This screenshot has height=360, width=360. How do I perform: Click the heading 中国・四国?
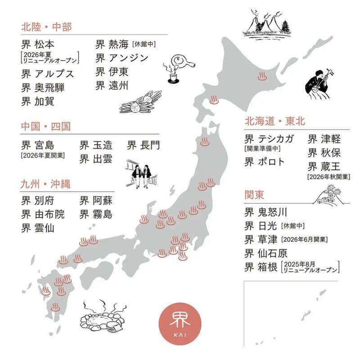pos(46,126)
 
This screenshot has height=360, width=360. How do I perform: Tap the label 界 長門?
pos(143,145)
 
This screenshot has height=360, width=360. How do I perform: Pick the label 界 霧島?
pos(96,214)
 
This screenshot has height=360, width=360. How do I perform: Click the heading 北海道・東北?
pos(275,121)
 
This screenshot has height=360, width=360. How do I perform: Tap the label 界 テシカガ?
pos(269,139)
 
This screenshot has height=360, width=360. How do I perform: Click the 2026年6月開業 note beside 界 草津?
pos(304,239)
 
